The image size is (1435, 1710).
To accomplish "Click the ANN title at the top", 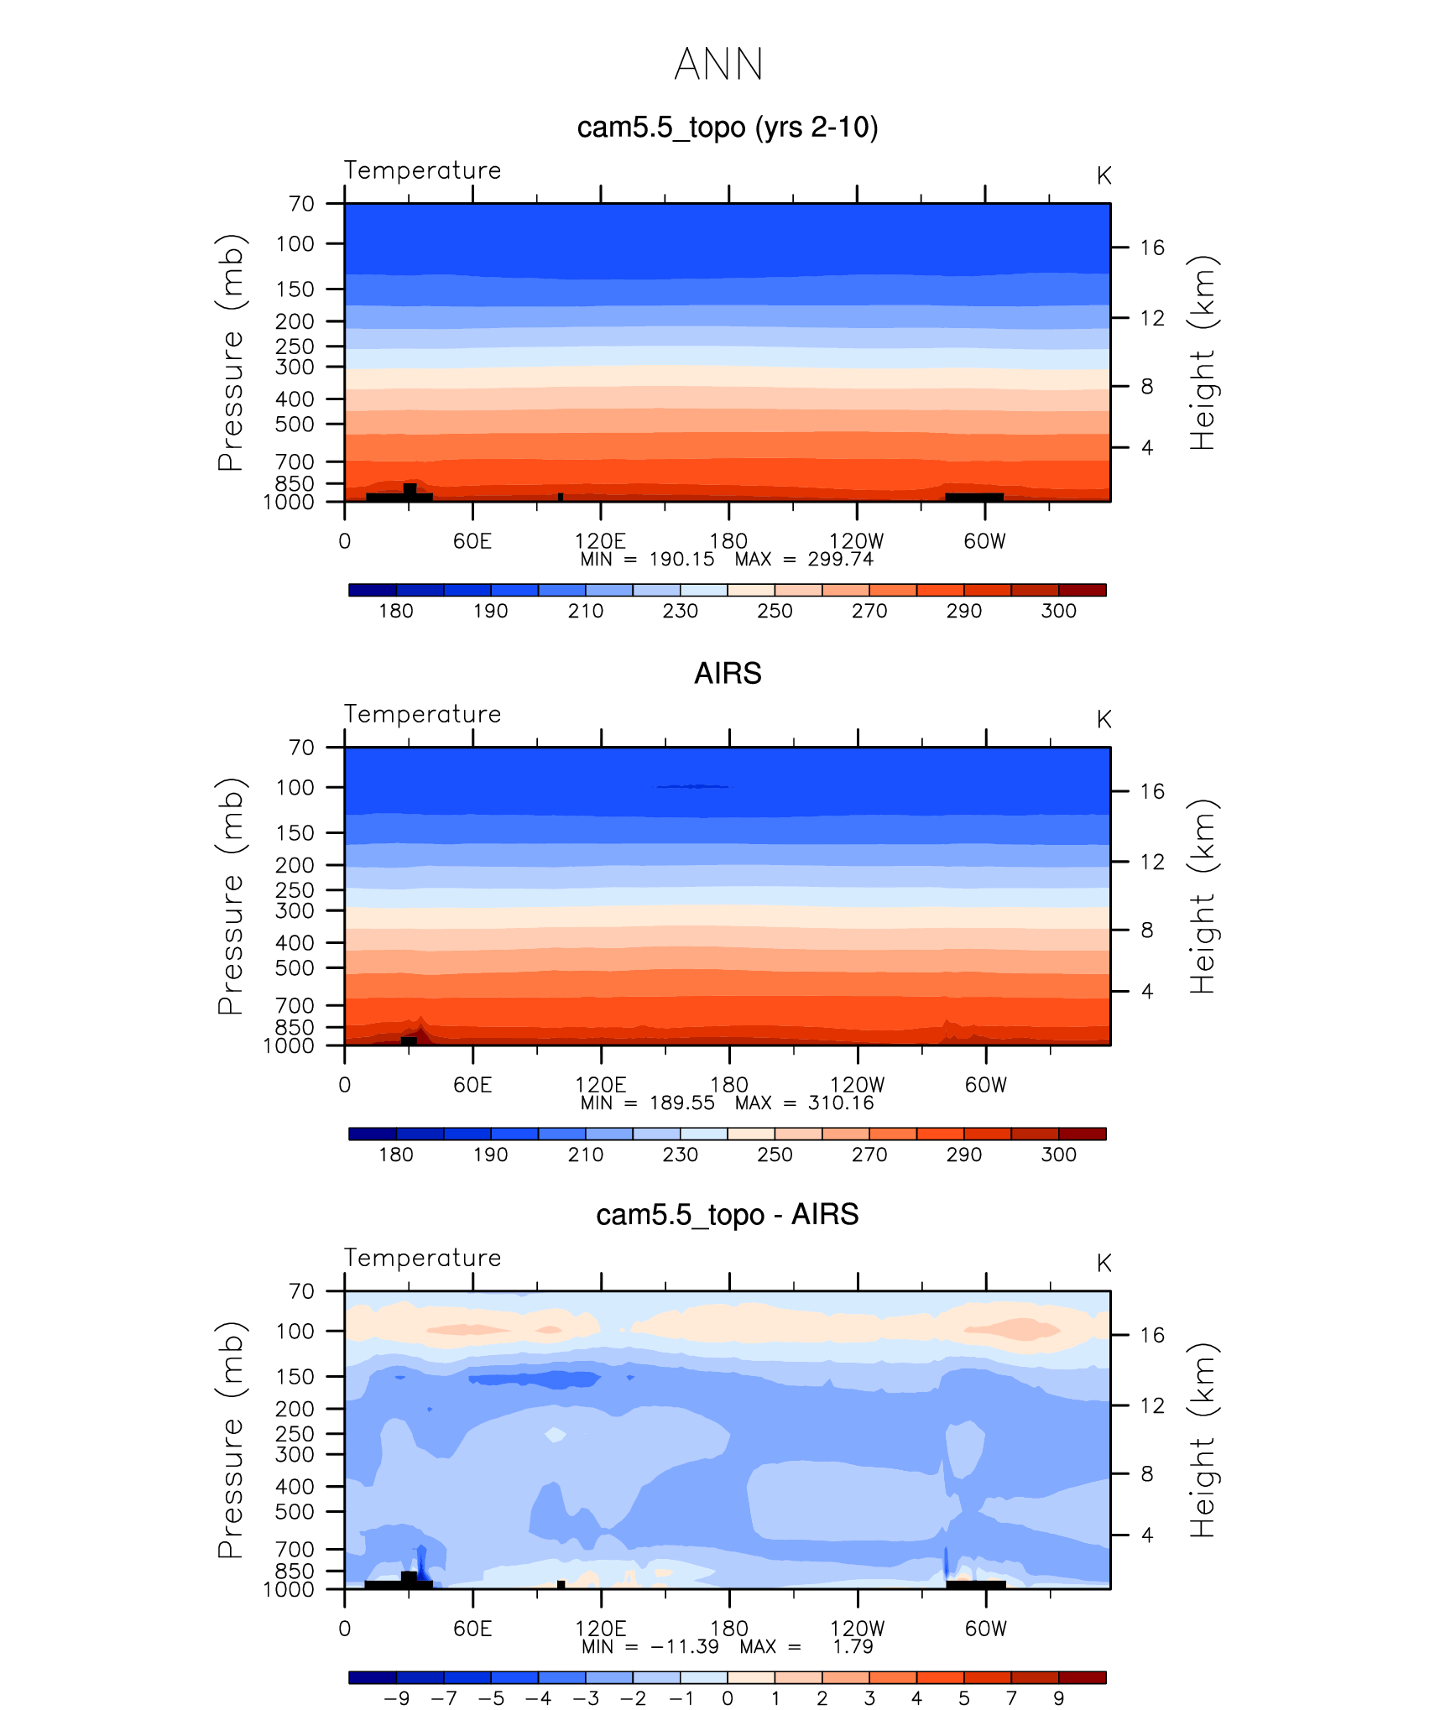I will point(718,65).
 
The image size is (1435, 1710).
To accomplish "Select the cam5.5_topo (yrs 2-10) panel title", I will point(727,128).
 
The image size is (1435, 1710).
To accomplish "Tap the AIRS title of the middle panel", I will point(727,674).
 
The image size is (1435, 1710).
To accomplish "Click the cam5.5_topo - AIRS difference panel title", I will point(727,1215).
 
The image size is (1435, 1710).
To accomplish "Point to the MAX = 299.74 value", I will point(804,560).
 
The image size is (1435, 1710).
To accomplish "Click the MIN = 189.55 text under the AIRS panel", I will point(647,1103).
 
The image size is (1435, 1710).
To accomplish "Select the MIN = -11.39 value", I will point(650,1647).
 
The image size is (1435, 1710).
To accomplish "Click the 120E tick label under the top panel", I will point(600,541).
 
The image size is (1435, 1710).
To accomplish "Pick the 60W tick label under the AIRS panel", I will point(985,1085).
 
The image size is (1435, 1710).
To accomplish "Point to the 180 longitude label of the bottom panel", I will point(728,1629).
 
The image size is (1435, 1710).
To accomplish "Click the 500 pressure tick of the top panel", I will point(295,425).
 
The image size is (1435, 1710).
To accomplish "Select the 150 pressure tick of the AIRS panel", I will point(295,833).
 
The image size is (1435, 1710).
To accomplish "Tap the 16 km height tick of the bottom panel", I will point(1152,1335).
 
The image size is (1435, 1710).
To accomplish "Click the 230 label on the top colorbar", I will point(680,611).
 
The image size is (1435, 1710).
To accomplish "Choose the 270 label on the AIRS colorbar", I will point(869,1155).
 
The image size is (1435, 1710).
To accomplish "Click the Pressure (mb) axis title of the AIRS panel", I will point(231,896).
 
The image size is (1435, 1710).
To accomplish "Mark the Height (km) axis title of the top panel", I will point(1203,352).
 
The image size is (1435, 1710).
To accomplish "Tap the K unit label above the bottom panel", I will point(1104,1264).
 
